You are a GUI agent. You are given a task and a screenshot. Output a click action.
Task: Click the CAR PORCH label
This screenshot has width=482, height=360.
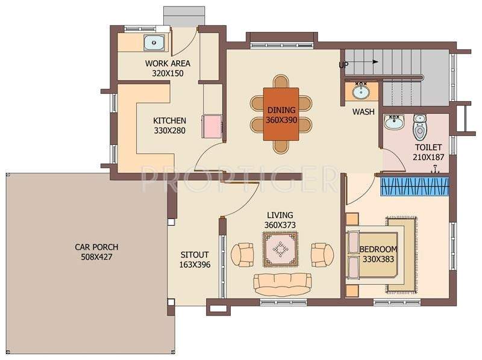pos(96,247)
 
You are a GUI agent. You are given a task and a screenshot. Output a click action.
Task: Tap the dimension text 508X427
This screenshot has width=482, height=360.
pos(96,257)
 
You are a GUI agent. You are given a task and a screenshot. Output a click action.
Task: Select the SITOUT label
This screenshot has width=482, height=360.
pos(194,255)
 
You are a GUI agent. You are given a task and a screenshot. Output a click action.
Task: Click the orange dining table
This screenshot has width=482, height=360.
pos(281,114)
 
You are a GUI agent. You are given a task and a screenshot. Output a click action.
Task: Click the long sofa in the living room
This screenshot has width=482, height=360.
pos(282,283)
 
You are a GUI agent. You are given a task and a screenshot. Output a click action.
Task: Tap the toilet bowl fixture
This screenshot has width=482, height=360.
pos(419,128)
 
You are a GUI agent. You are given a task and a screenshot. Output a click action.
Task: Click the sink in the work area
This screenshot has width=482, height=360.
pos(154,42)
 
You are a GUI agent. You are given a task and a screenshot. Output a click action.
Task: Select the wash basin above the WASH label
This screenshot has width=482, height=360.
pos(361,92)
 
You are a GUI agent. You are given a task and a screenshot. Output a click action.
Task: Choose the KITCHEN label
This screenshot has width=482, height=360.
pos(169,120)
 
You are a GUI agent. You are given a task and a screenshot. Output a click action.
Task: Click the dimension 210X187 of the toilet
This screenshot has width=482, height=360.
pos(428,157)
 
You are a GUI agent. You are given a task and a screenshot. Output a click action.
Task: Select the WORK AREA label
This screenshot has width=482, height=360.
pos(168,63)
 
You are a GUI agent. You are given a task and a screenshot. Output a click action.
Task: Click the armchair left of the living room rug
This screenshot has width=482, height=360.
pos(243,254)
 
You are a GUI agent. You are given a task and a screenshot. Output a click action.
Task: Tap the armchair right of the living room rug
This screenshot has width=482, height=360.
pos(322,254)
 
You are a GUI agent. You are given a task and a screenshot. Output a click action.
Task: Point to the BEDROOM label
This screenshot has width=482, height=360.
pos(378,249)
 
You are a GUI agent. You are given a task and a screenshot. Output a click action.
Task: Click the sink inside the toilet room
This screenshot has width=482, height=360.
pos(395,124)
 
